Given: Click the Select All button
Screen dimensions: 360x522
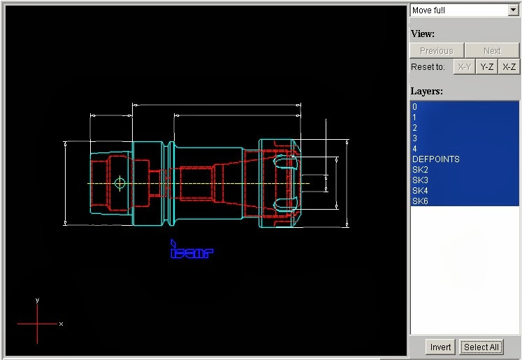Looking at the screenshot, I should pos(481,347).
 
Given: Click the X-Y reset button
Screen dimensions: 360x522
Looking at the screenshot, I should pos(464,67).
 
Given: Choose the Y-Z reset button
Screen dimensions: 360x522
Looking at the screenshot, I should pos(487,67).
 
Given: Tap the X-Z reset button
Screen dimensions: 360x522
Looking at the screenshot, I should pos(509,67).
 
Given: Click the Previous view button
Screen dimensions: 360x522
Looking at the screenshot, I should pos(436,50).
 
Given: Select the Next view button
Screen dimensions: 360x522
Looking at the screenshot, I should pos(492,50).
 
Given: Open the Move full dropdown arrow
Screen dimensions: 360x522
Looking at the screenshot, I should pos(513,10).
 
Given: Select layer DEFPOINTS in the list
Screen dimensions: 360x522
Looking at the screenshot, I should pos(436,159).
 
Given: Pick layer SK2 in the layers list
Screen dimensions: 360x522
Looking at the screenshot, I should pos(421,170).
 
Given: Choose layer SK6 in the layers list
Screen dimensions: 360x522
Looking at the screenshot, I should pos(421,201).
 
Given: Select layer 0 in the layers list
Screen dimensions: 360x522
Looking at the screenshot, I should pos(415,107).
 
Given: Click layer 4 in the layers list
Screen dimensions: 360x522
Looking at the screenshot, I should pos(415,149).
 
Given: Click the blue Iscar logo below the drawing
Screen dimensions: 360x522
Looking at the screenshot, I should pos(191,250).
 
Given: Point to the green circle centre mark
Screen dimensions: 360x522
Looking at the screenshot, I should pos(119,183).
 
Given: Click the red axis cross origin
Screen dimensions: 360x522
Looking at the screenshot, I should pos(37,324).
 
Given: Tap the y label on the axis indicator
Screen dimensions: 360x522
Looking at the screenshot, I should pos(37,300).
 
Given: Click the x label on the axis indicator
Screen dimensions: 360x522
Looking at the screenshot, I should pos(61,324).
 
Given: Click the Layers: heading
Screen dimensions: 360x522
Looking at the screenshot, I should pos(426,91).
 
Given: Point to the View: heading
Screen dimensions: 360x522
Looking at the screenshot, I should pos(423,34).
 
